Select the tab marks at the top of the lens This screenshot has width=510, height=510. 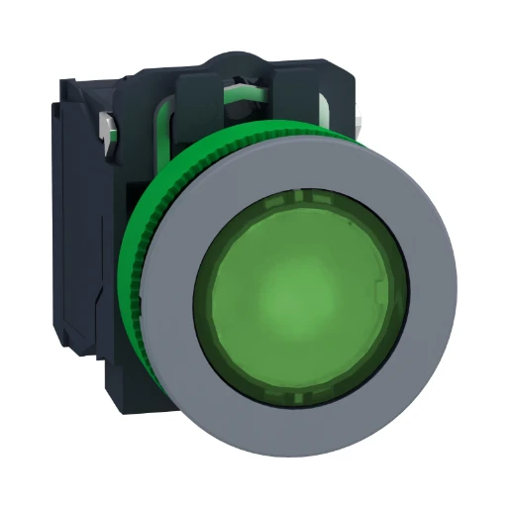(297, 201)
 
